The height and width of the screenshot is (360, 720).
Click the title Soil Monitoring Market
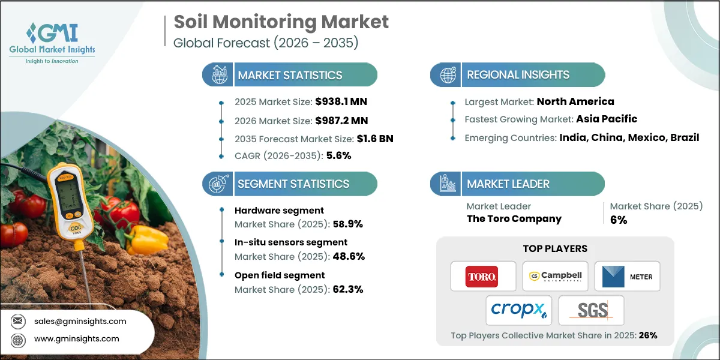click(281, 22)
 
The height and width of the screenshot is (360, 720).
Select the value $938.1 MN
click(337, 101)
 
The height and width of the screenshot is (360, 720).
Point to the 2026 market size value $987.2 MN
click(338, 120)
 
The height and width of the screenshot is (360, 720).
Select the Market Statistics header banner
click(290, 75)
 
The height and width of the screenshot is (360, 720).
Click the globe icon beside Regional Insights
click(448, 75)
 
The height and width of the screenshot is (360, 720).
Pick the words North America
click(575, 101)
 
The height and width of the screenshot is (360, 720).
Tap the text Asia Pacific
click(607, 119)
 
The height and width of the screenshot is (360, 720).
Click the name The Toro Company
click(514, 218)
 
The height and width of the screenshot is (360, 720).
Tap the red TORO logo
click(483, 277)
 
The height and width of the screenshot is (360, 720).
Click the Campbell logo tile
click(555, 277)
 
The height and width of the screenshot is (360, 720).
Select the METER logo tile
click(627, 277)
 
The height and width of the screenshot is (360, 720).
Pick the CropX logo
click(519, 310)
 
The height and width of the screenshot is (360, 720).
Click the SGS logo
click(591, 310)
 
